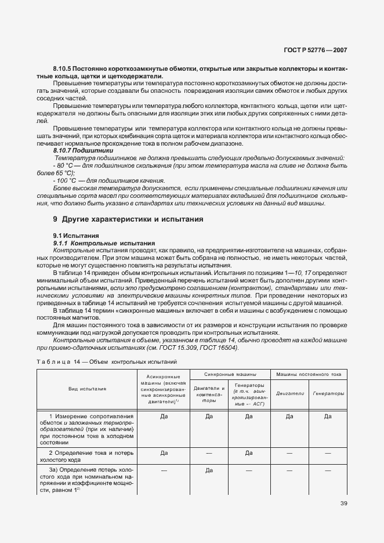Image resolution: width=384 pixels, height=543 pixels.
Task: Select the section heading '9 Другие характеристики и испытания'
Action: [119, 219]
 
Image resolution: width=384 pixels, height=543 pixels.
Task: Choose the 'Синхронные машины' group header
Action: [228, 373]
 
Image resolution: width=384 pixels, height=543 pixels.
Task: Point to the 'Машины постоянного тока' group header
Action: [307, 373]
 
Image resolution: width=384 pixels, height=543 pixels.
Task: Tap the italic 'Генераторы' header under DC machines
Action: [328, 393]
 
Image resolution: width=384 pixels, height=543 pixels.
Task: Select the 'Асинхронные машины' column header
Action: [164, 389]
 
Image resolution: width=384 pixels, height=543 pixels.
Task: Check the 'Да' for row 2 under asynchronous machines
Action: [164, 453]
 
